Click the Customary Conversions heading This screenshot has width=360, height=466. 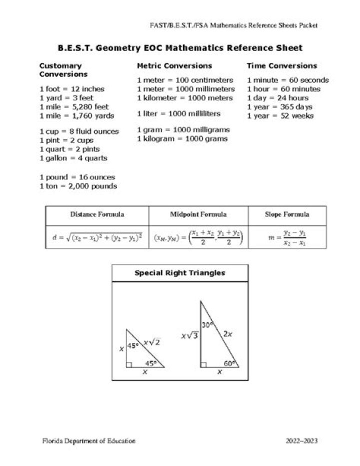click(x=63, y=70)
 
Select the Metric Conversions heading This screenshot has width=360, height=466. click(x=174, y=66)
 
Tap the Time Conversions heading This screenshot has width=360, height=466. click(x=281, y=66)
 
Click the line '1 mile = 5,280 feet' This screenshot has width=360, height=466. click(x=73, y=107)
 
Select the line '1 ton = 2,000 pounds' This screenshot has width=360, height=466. click(x=78, y=186)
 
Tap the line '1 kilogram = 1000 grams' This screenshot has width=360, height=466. click(x=182, y=139)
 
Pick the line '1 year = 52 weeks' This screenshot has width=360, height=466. click(x=280, y=116)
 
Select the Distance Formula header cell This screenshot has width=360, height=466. click(x=97, y=214)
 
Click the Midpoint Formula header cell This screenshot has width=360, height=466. click(x=198, y=214)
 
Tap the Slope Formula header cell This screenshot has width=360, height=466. click(x=286, y=214)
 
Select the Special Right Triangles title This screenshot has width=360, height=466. click(x=179, y=273)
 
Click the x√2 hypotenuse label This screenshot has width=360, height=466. click(x=152, y=342)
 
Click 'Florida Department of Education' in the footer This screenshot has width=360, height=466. click(x=88, y=441)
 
